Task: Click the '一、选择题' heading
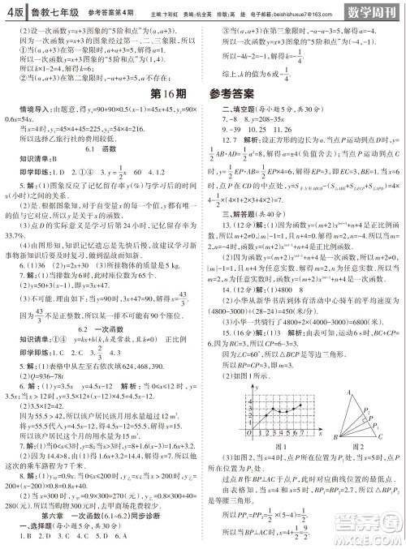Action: click(x=34, y=525)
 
